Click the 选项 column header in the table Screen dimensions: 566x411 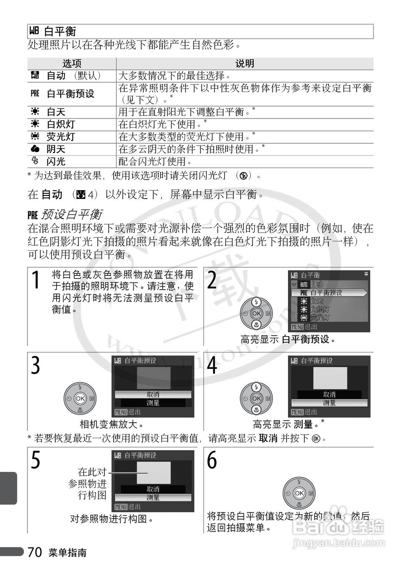[72, 64]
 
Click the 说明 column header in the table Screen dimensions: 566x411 [245, 64]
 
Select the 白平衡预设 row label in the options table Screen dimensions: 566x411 [70, 94]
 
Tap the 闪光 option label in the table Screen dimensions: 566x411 [56, 162]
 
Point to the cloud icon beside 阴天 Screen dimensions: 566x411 [35, 149]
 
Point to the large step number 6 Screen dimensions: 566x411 [212, 460]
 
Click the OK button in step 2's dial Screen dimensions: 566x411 [256, 314]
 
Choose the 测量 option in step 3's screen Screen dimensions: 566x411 [153, 403]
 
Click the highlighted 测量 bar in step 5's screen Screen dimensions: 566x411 [153, 497]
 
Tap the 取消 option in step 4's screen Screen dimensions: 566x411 [329, 394]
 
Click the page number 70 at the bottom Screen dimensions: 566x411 [35, 552]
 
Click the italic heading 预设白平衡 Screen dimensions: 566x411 [71, 215]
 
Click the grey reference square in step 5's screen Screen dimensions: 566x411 [154, 473]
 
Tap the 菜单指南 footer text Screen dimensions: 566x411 [68, 553]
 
